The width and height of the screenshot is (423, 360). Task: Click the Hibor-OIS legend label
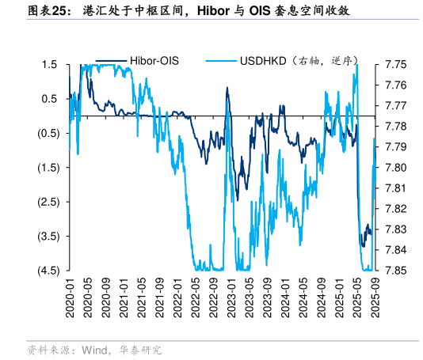(154, 60)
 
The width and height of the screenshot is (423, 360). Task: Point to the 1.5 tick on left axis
(49, 64)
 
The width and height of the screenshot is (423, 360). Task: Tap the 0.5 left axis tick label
(49, 99)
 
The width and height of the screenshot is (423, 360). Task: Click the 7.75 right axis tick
(395, 64)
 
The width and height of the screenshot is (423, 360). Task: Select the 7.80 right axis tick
(395, 168)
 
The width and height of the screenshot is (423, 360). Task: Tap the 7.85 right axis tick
(395, 271)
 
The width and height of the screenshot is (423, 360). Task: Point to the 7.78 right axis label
(395, 127)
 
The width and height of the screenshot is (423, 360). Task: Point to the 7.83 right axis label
(395, 229)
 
